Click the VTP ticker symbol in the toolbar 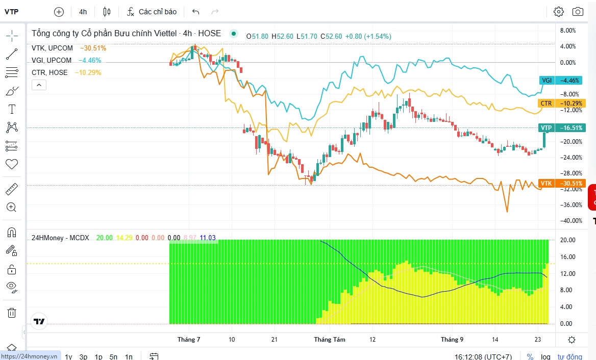[11, 12]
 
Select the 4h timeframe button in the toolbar [83, 12]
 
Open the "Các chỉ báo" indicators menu [152, 12]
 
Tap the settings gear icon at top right [558, 12]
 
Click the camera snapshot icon [578, 12]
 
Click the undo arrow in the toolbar [196, 12]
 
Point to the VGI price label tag [547, 80]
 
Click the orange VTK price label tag [546, 184]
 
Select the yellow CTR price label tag [546, 104]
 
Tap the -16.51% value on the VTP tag [570, 128]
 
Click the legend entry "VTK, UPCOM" [52, 48]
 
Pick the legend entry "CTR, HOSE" [49, 72]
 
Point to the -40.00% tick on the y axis [571, 221]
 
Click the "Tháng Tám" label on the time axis [330, 340]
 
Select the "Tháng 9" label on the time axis [452, 340]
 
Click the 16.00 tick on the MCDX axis [568, 256]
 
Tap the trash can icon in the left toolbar [12, 313]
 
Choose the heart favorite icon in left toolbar [12, 164]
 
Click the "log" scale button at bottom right [545, 356]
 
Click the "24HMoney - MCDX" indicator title [60, 238]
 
